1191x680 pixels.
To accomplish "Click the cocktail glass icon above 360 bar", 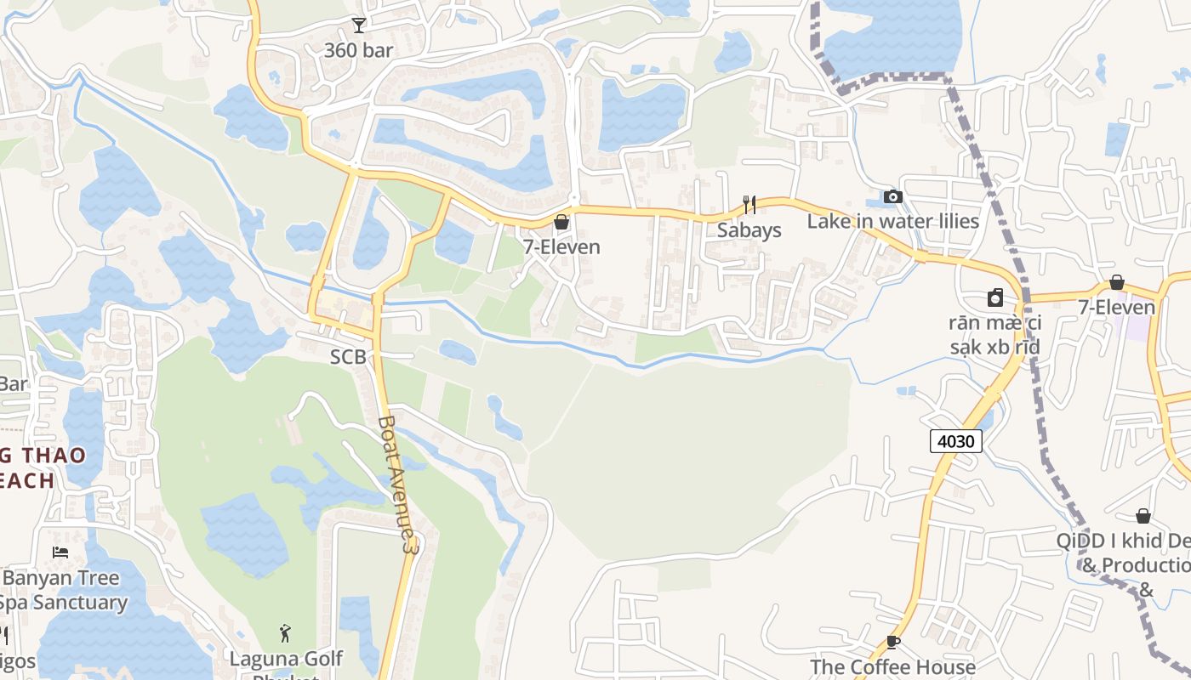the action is (359, 25).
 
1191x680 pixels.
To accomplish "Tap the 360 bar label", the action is (359, 50).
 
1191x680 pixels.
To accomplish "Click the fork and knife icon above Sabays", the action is (749, 204).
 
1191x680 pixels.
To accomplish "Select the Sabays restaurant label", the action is (749, 230).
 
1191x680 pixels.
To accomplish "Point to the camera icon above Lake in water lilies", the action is (892, 197).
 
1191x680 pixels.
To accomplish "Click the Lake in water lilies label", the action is (893, 222).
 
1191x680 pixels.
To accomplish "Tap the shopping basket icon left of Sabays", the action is (561, 223).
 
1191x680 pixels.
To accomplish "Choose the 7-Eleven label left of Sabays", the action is (561, 247).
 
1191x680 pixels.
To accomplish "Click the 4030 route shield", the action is (956, 441).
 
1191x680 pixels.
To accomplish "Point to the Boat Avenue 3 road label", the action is (398, 484).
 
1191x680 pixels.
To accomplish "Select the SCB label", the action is (348, 358).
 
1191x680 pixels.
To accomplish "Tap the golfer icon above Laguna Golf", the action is (286, 633).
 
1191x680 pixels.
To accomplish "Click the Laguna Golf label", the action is (286, 659).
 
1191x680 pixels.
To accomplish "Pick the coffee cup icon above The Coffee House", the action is (892, 642).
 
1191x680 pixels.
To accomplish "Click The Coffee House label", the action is (892, 666).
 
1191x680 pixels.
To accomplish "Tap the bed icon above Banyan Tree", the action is (60, 552).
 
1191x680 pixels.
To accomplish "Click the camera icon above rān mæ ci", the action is (995, 297).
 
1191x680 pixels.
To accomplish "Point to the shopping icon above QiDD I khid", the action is (1143, 516).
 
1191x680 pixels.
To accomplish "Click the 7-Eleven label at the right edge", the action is (1117, 307).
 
